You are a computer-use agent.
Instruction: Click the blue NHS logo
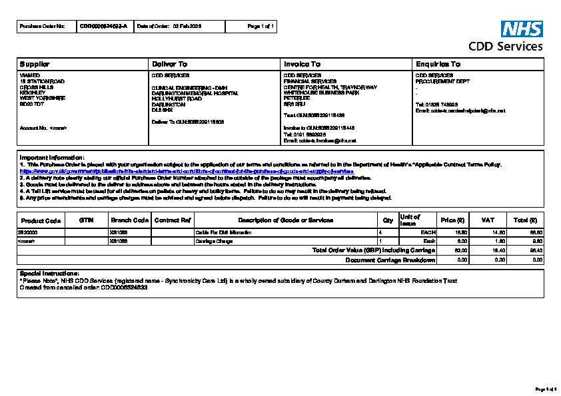pyautogui.click(x=522, y=29)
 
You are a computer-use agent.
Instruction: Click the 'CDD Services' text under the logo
pyautogui.click(x=506, y=47)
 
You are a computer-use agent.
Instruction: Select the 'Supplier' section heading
pyautogui.click(x=35, y=64)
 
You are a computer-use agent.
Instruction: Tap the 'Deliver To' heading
pyautogui.click(x=170, y=64)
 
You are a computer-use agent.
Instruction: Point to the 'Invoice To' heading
pyautogui.click(x=302, y=64)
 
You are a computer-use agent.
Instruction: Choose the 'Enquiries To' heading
pyautogui.click(x=438, y=64)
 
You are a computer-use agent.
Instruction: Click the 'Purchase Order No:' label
pyautogui.click(x=43, y=26)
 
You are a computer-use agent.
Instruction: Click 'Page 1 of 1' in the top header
pyautogui.click(x=261, y=26)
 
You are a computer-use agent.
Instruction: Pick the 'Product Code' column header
pyautogui.click(x=41, y=220)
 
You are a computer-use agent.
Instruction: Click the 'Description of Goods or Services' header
pyautogui.click(x=285, y=220)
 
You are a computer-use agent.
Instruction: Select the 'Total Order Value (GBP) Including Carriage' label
pyautogui.click(x=374, y=250)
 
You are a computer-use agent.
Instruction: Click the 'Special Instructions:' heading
pyautogui.click(x=49, y=274)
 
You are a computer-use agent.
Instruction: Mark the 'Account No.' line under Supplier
pyautogui.click(x=43, y=128)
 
